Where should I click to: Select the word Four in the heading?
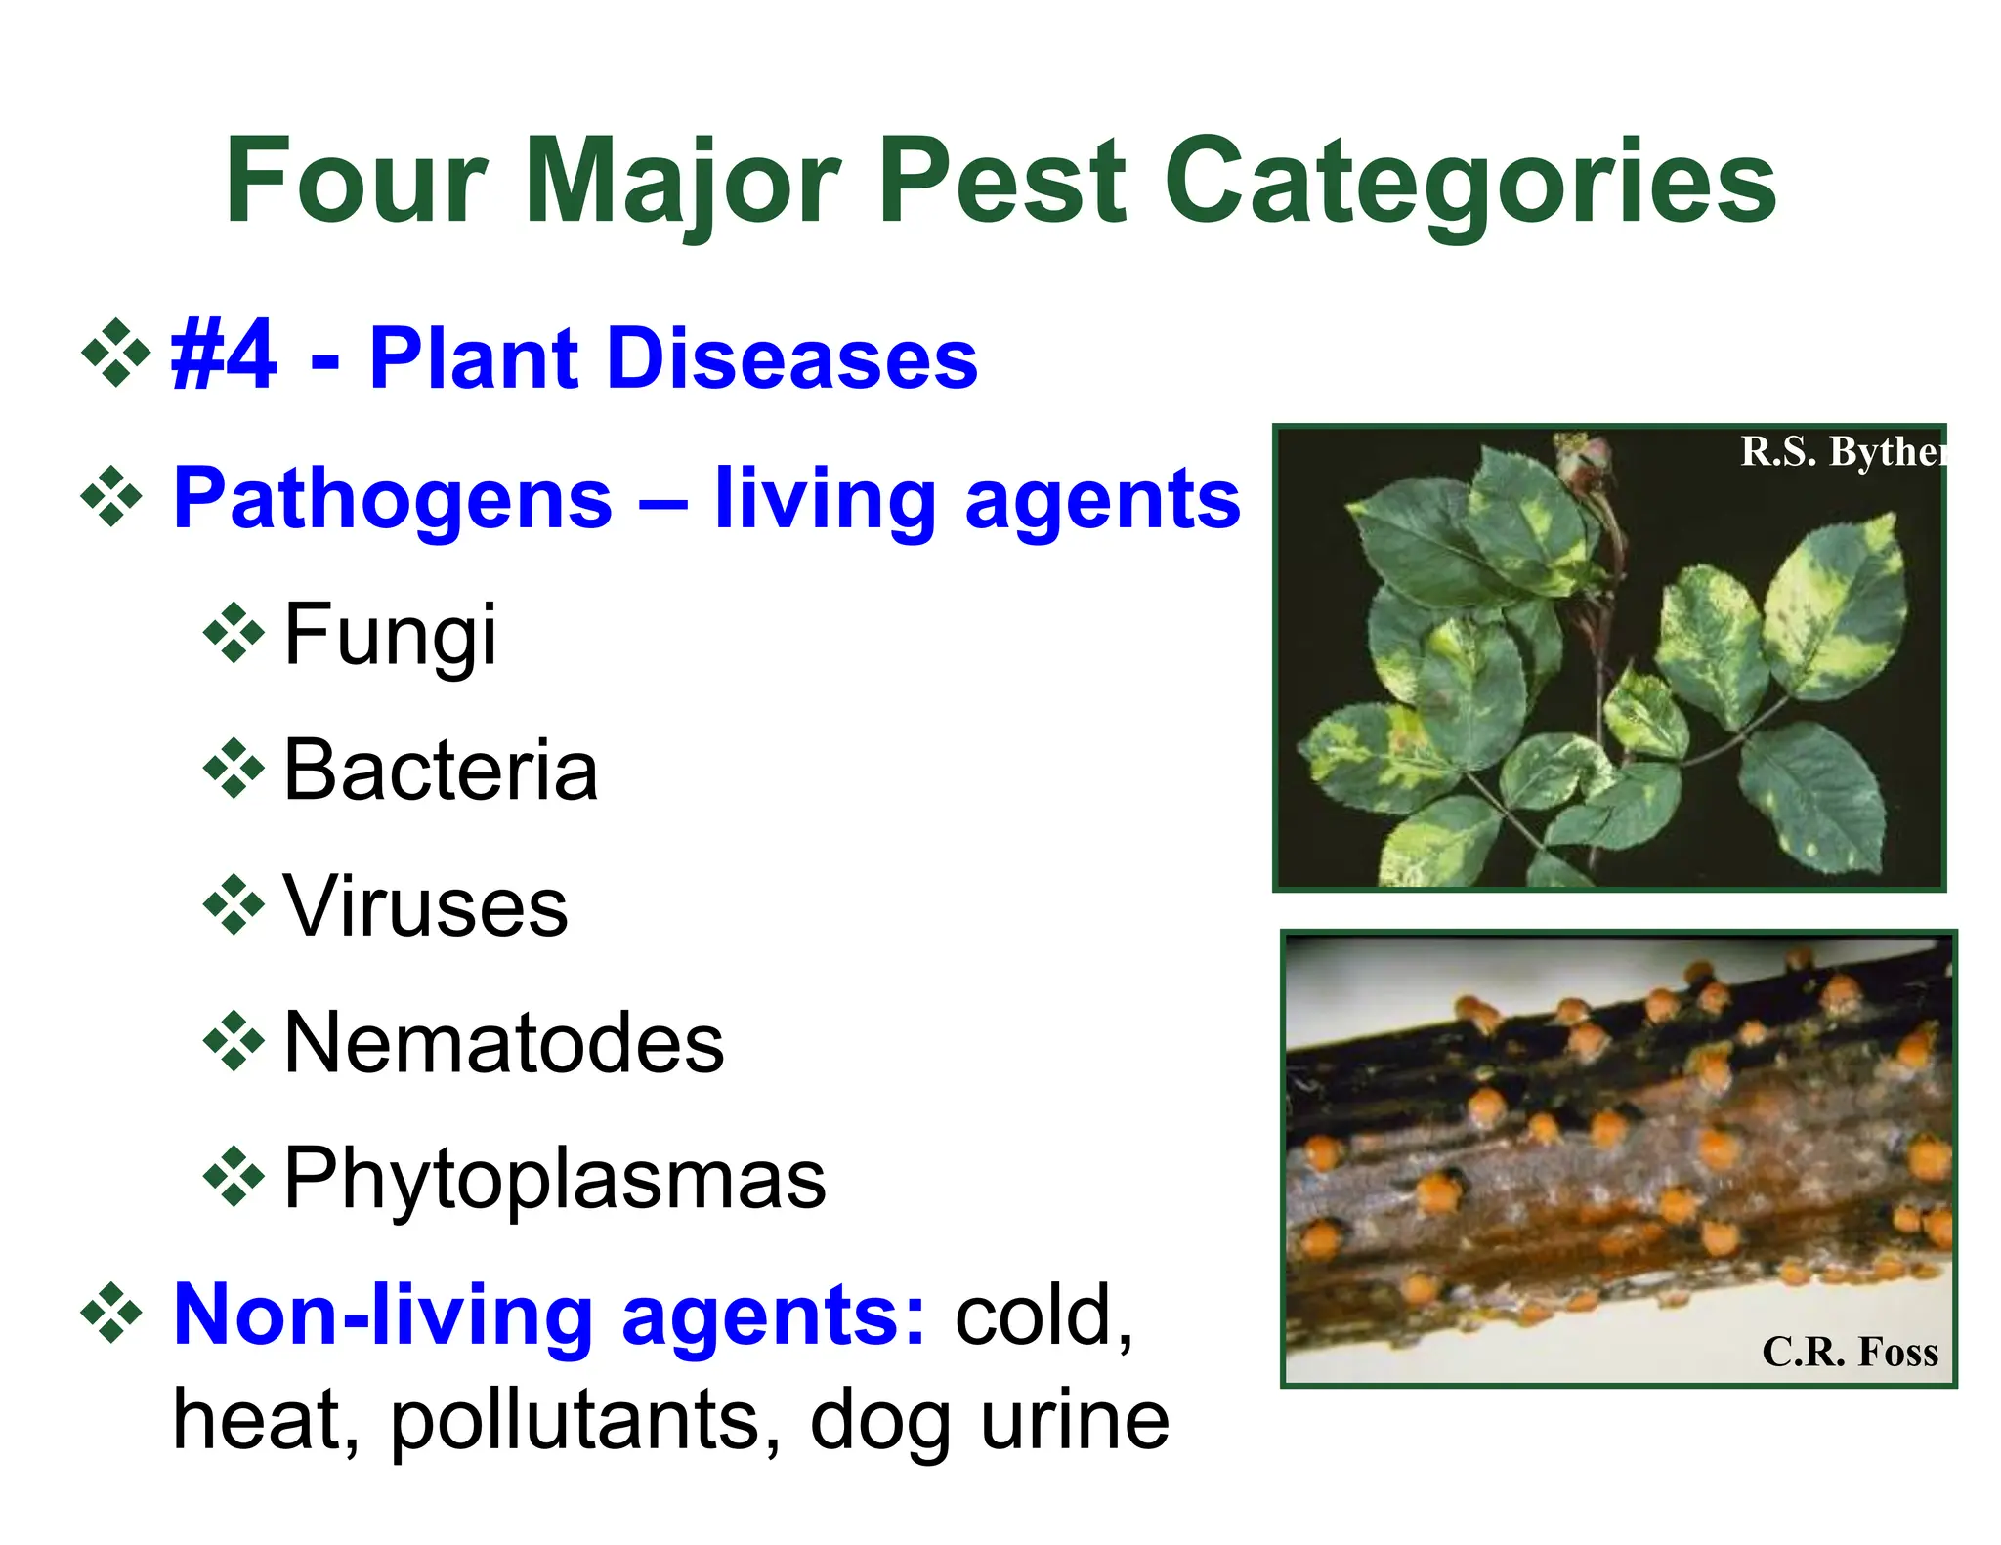click(356, 182)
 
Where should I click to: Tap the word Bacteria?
click(440, 772)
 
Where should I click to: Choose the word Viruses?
click(425, 907)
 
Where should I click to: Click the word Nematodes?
click(503, 1043)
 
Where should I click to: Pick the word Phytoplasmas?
click(554, 1180)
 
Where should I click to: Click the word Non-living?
click(382, 1315)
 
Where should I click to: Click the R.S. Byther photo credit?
click(1842, 452)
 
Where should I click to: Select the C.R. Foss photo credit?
click(1850, 1353)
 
